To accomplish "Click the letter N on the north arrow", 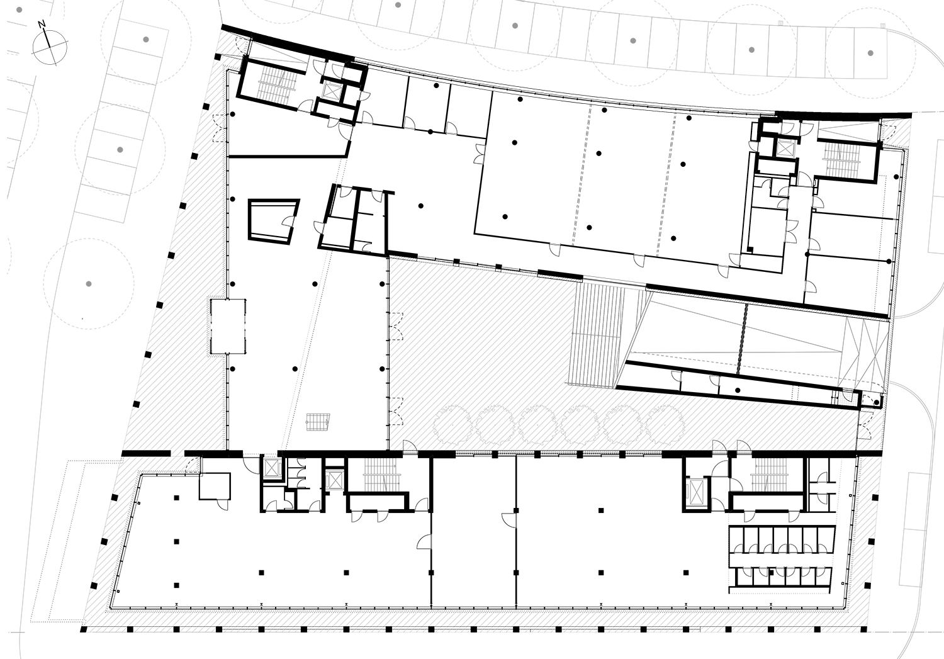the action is (42, 25).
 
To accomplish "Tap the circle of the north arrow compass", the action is (50, 47).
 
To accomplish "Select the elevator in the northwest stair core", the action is (331, 90).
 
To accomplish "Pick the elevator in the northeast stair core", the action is (785, 149).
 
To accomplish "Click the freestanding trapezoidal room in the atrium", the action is (274, 221).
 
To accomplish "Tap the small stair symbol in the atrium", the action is (318, 422).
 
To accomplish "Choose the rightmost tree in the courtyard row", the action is (665, 426).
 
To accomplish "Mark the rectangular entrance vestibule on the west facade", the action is (228, 327).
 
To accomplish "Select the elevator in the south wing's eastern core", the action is (696, 492).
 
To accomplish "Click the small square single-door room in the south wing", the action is (215, 487).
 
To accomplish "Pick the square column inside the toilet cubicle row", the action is (772, 572).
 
